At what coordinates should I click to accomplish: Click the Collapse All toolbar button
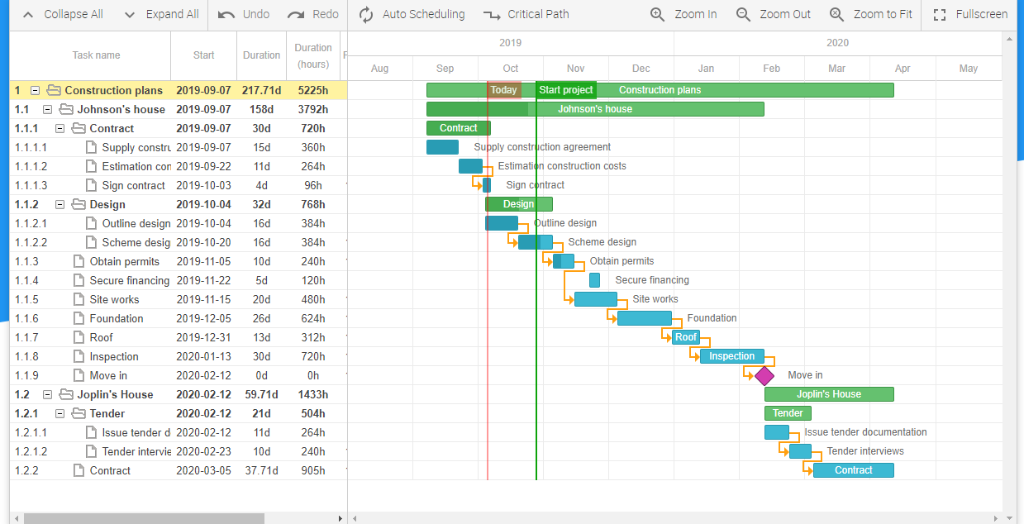62,15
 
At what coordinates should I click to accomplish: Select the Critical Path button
526,15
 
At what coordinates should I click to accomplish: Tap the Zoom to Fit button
873,15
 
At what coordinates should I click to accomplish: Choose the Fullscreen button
970,15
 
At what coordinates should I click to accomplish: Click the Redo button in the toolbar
313,15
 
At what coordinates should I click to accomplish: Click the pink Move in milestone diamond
764,376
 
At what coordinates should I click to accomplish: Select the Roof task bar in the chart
686,337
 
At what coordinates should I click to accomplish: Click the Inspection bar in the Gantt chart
731,356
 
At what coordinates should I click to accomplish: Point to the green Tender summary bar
788,413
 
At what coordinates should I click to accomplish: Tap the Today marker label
503,90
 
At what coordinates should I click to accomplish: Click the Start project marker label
566,90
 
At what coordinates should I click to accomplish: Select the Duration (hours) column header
313,55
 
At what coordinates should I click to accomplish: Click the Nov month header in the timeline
575,69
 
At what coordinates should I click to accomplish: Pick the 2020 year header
837,43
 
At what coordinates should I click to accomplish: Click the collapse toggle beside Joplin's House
48,395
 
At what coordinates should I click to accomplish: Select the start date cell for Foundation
203,319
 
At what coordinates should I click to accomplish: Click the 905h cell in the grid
313,471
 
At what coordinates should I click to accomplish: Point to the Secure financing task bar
594,280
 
